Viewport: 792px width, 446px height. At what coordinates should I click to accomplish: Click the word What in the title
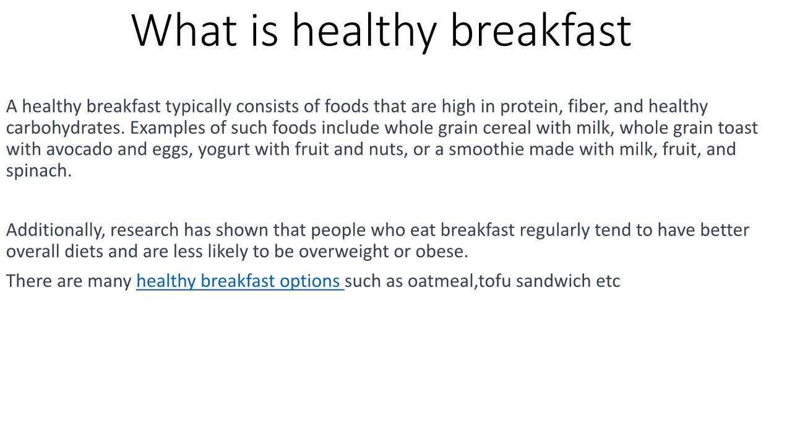tap(184, 30)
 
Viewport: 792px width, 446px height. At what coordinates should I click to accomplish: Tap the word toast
tap(738, 128)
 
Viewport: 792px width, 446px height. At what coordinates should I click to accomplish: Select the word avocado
tap(79, 149)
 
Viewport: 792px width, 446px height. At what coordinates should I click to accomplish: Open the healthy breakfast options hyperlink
tap(240, 282)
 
